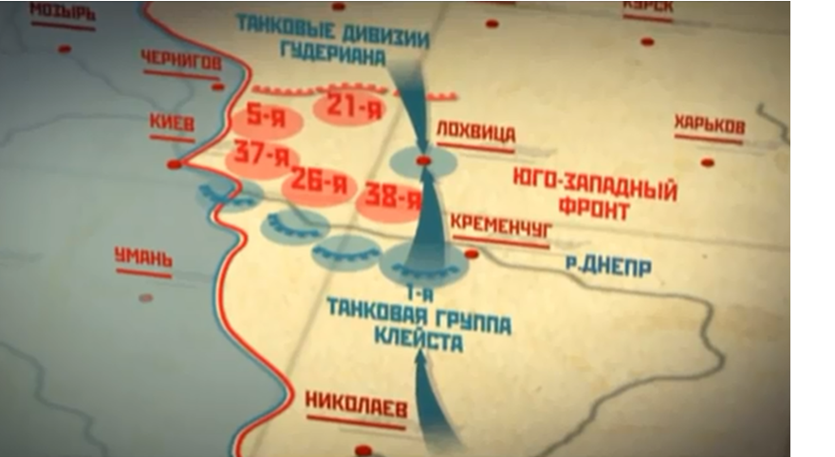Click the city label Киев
(172, 124)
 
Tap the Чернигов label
(180, 62)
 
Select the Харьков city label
(709, 125)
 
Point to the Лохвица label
(475, 132)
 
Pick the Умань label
(143, 257)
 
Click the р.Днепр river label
(608, 267)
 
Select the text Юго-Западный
(595, 181)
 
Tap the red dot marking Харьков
(706, 162)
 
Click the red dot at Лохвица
(423, 162)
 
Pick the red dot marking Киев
(174, 164)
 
